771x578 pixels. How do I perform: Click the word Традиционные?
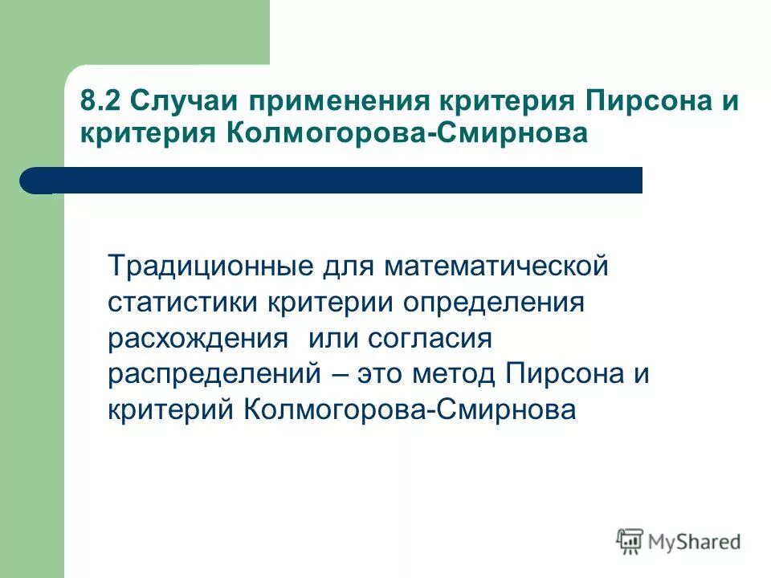coord(204,265)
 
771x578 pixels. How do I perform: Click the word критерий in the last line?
coord(171,409)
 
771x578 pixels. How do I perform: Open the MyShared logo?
coord(679,540)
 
